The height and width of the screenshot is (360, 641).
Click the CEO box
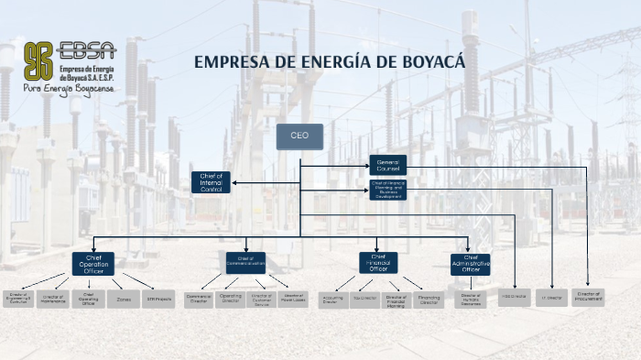(x=299, y=136)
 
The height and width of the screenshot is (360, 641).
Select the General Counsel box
(x=387, y=165)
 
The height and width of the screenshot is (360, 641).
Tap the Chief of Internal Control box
(x=211, y=181)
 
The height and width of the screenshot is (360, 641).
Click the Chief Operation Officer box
(x=93, y=264)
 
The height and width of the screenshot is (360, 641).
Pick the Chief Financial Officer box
(x=378, y=263)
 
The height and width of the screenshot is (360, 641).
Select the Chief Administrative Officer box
(x=471, y=264)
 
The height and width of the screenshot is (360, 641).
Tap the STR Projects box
(x=158, y=299)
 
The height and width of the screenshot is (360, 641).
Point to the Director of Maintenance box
(x=54, y=299)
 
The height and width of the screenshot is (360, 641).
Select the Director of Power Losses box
(x=293, y=298)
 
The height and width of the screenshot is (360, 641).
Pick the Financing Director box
(x=429, y=299)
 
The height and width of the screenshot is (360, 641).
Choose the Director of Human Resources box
(x=471, y=299)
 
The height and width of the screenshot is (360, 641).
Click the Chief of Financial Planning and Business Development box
(x=387, y=190)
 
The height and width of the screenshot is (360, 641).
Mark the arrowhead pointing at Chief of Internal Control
(x=234, y=182)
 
